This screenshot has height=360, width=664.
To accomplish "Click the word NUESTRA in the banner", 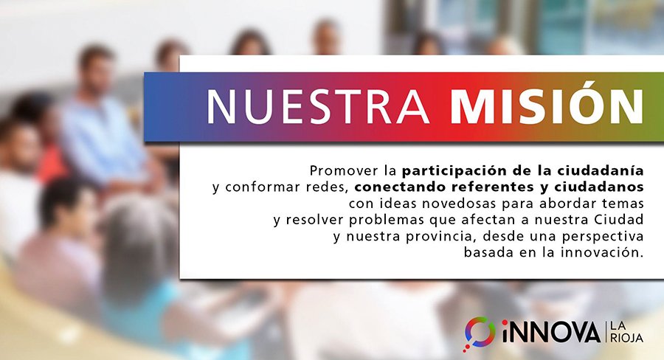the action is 317,106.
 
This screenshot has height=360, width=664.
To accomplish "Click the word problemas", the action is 387,220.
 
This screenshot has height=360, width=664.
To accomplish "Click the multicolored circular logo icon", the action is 480,333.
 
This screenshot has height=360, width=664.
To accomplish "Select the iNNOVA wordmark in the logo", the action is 551,332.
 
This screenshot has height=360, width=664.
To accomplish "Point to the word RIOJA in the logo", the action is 626,338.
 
